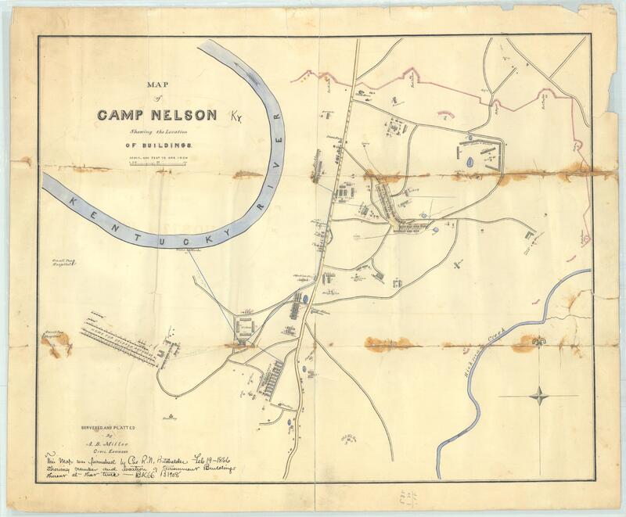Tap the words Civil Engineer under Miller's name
click(115, 451)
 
